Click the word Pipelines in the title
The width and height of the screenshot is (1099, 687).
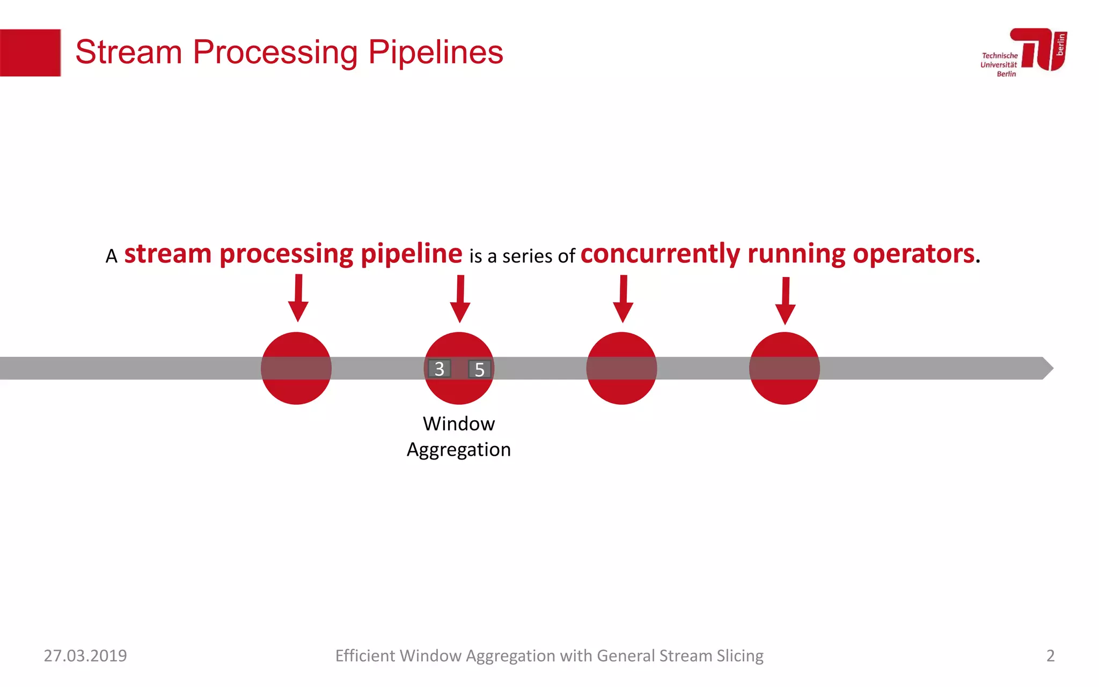pos(435,53)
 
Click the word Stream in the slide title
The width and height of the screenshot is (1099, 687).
pos(129,53)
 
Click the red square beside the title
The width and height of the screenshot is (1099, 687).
pos(30,53)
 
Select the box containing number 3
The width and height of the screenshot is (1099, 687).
pos(439,369)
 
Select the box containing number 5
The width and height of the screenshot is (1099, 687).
pos(480,369)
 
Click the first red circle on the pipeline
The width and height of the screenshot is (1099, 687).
pos(296,368)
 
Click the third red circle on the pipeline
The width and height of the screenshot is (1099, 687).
pos(621,368)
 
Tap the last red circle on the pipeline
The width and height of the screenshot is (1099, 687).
pos(784,368)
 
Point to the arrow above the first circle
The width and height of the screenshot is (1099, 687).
pos(298,298)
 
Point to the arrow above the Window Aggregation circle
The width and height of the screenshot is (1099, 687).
pos(460,299)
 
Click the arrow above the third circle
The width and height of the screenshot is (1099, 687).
pos(623,299)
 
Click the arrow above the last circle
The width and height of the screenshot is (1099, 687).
pos(785,301)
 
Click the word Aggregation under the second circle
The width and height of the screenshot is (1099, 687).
pos(459,450)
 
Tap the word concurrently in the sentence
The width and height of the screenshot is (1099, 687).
pos(660,254)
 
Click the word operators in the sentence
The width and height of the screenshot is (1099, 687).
pos(913,254)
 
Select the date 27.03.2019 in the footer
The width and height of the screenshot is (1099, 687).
pos(85,656)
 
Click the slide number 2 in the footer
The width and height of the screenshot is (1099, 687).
pos(1050,656)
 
